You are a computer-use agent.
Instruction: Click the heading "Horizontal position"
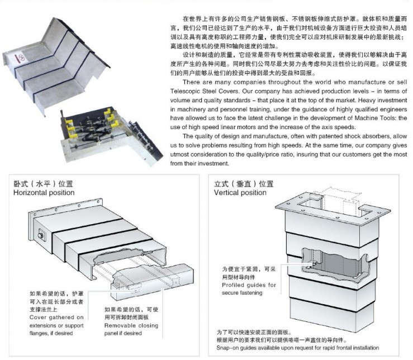[x=44, y=193]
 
